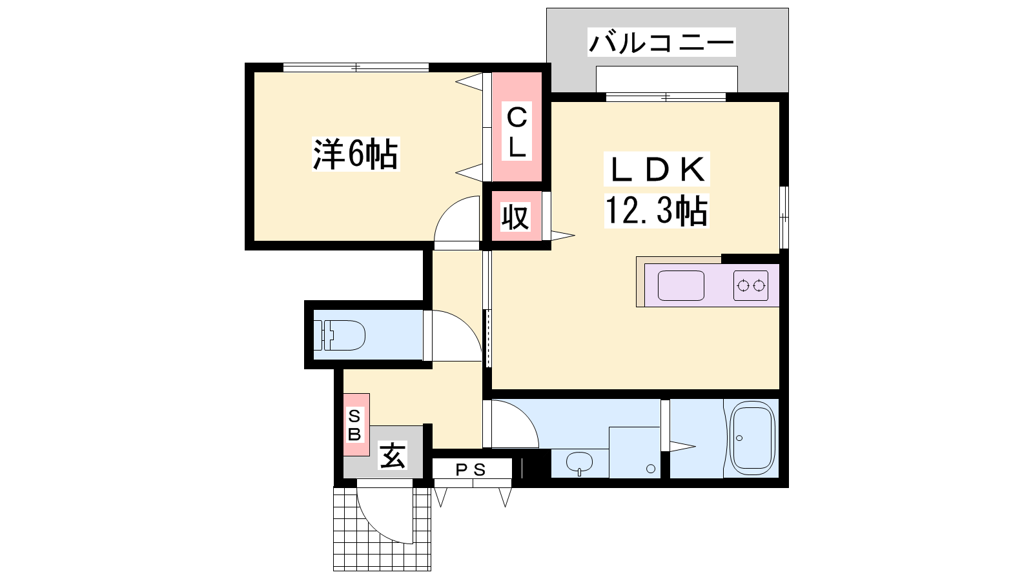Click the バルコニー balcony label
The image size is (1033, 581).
tap(661, 42)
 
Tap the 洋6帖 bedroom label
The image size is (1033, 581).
tap(356, 154)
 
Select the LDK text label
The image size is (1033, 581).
tap(657, 169)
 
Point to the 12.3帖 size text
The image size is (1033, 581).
tap(656, 210)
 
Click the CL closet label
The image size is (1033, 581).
tap(516, 132)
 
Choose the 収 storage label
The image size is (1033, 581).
tap(515, 217)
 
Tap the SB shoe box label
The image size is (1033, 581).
tap(354, 425)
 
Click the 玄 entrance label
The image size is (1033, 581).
tap(393, 456)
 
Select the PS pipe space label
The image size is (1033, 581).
tap(471, 470)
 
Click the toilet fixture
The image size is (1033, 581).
tap(340, 335)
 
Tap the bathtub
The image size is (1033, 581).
tap(752, 438)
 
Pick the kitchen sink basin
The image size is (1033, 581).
tap(680, 286)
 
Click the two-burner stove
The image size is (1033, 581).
tap(751, 286)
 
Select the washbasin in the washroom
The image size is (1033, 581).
tap(579, 463)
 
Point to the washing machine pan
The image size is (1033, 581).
tap(635, 453)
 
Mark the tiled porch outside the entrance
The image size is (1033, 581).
tap(382, 529)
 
